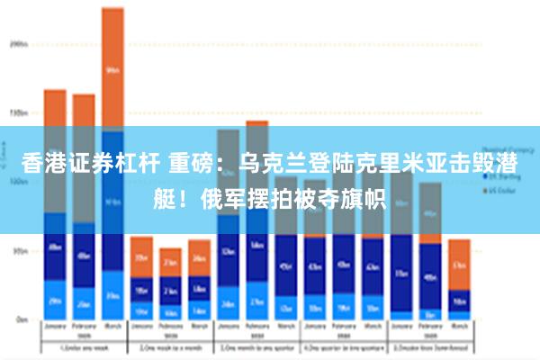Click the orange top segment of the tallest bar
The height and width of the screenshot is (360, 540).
[x=112, y=67]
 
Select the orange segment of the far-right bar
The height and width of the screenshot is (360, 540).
[x=459, y=264]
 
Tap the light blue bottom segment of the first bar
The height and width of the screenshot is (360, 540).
[x=55, y=301]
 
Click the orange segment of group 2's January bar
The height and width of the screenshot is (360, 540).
[x=141, y=256]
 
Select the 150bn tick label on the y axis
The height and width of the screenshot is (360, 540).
[x=20, y=113]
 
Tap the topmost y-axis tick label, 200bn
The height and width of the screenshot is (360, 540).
[x=20, y=44]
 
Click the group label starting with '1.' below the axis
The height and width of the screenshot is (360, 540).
[x=83, y=347]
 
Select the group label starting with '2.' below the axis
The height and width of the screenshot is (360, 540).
[x=170, y=347]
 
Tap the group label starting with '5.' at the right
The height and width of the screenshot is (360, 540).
[x=429, y=347]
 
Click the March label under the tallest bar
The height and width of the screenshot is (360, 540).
[x=112, y=328]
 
